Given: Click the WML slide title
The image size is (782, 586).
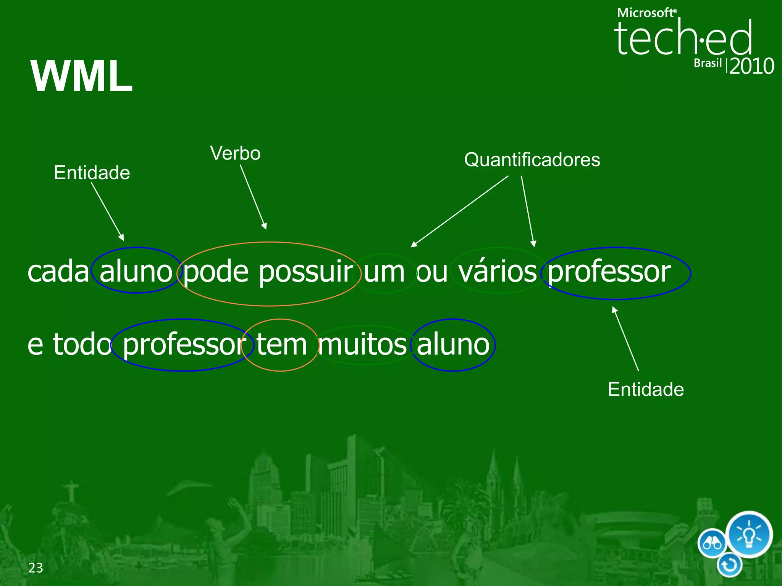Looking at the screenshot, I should tap(82, 76).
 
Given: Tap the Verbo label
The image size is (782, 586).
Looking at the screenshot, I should tap(235, 153).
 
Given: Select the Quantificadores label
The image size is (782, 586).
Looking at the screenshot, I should tap(532, 159).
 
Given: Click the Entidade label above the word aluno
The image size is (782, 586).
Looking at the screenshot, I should tap(92, 173).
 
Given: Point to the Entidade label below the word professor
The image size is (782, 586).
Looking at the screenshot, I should tap(646, 390).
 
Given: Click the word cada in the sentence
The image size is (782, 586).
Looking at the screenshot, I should tap(58, 272).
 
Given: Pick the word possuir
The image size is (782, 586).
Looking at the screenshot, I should tap(306, 272).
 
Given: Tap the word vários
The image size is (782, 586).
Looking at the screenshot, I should tap(498, 272).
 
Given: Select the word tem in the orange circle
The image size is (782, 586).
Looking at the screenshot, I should tap(281, 345).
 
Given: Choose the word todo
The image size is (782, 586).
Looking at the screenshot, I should tap(82, 345).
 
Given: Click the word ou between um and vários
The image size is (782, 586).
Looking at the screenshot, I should tap(432, 272).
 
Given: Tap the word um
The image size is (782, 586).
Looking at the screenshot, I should tap(384, 272).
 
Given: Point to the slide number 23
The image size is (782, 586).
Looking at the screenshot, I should tap(36, 568).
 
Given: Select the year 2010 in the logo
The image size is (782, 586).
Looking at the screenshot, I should tap(751, 66).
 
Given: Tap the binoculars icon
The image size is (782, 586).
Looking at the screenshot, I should tap(712, 543).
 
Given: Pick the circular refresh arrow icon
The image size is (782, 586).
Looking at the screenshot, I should tap(729, 565).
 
